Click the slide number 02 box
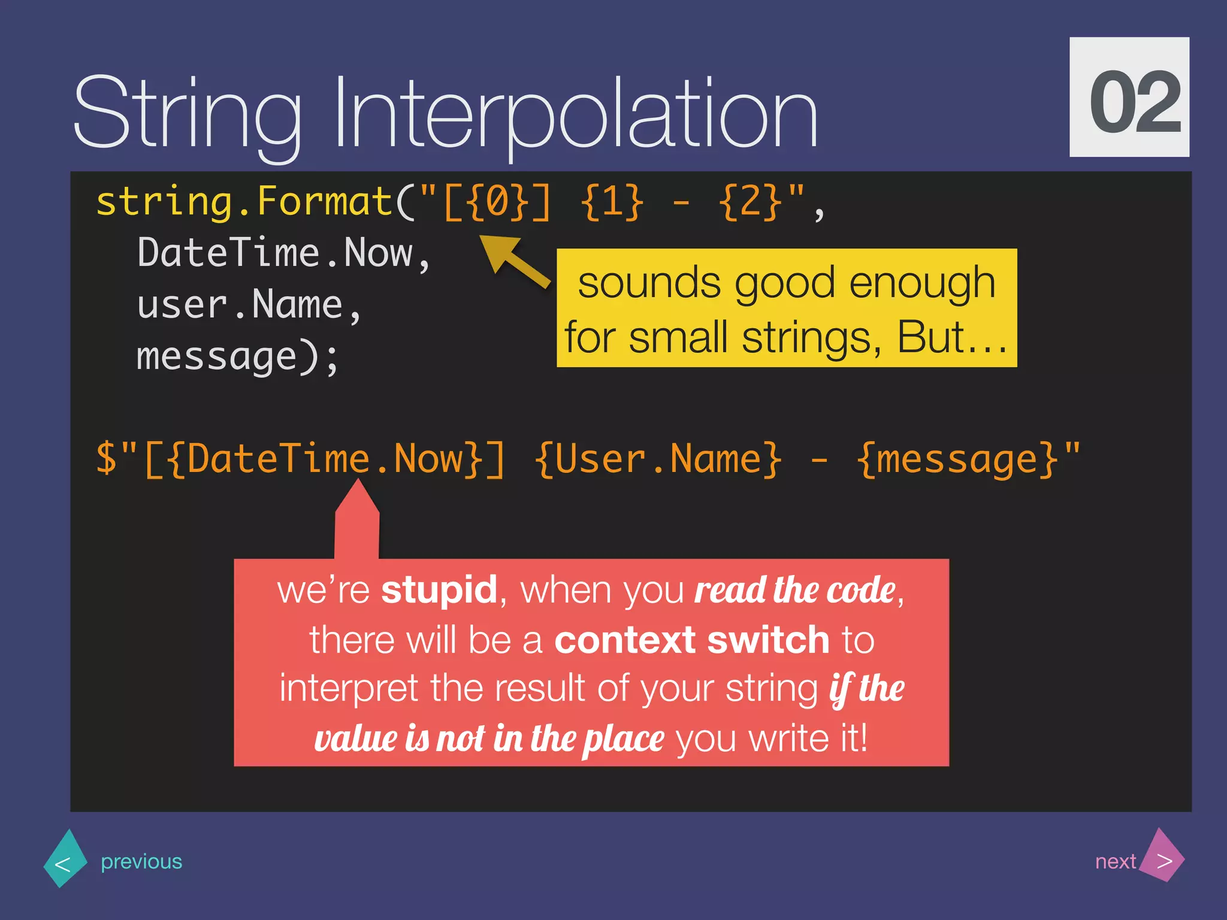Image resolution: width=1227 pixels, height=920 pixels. (x=1129, y=97)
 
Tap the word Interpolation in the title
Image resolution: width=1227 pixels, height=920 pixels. (x=575, y=114)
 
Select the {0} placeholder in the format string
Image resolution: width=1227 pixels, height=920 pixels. (x=497, y=202)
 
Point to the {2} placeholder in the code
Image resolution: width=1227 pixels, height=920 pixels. (x=751, y=202)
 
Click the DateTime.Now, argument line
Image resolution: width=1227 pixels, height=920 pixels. (x=283, y=253)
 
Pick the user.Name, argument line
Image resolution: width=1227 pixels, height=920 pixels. (x=249, y=305)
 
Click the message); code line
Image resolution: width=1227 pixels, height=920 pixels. (x=237, y=357)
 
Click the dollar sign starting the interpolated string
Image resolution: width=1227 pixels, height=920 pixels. (x=107, y=459)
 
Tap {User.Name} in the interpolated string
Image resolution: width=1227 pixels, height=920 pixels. (x=658, y=459)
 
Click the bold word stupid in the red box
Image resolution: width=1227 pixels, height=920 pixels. (x=439, y=590)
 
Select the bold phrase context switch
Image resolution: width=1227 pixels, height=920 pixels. (x=691, y=640)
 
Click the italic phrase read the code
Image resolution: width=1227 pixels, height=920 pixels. (x=794, y=590)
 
